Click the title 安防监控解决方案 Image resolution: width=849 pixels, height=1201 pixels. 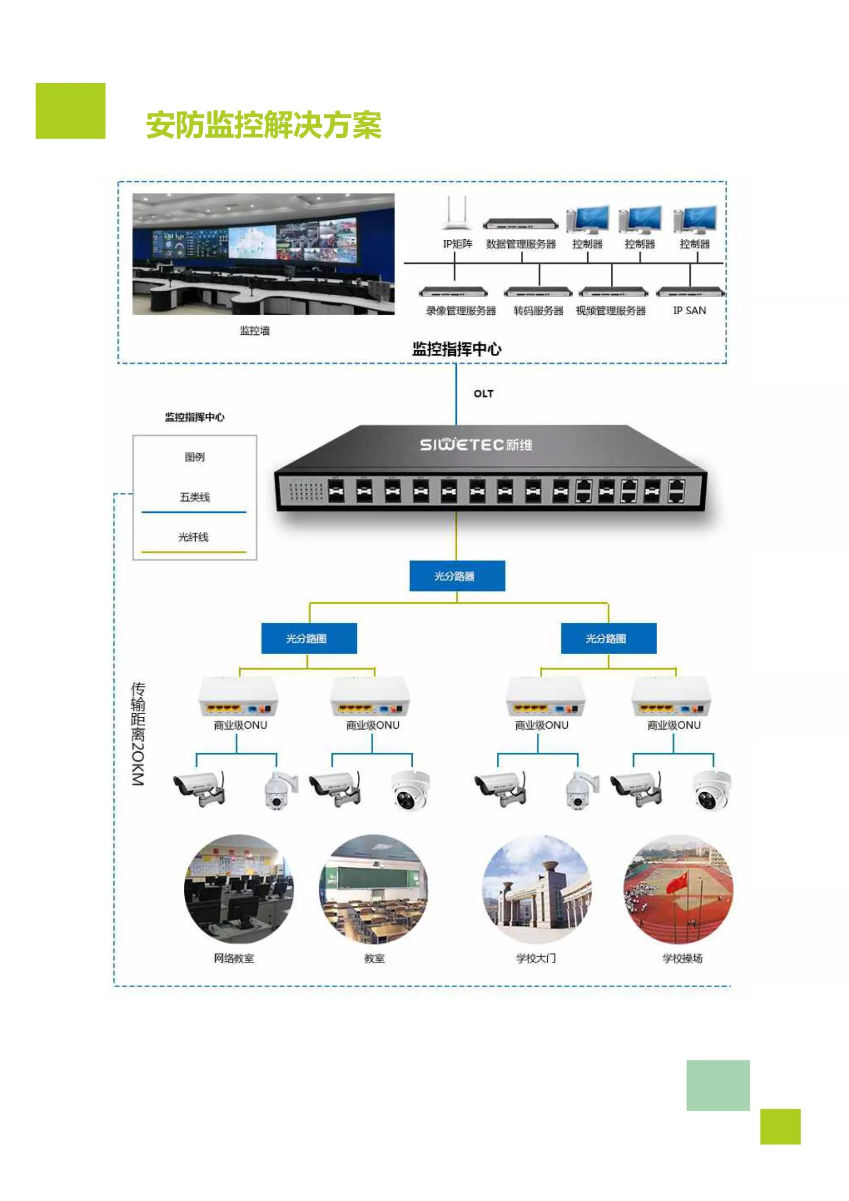pos(263,125)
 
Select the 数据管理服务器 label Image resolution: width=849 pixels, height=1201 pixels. pos(520,244)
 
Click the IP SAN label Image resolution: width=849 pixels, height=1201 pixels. pos(689,310)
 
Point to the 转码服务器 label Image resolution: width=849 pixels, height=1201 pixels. pos(538,311)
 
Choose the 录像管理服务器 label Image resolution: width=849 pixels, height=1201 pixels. pos(460,311)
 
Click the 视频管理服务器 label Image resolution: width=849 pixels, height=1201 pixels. pos(611,311)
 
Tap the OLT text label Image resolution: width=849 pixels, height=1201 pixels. pos(484,393)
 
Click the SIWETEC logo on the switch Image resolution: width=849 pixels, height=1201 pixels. pos(476,445)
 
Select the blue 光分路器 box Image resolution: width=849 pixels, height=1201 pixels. pos(457,576)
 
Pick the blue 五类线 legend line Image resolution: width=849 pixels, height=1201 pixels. pos(194,512)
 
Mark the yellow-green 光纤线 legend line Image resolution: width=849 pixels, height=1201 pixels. pos(194,552)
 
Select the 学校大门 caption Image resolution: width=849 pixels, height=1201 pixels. pos(536,958)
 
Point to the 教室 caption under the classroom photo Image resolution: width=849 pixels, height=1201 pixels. pos(374,958)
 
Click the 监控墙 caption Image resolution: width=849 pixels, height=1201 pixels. pos(255,330)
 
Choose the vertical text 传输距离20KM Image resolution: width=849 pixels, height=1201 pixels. pos(138,733)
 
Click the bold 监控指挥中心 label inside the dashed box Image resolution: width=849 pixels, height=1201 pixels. pos(456,349)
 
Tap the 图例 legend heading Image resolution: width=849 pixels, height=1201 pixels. pos(195,456)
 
